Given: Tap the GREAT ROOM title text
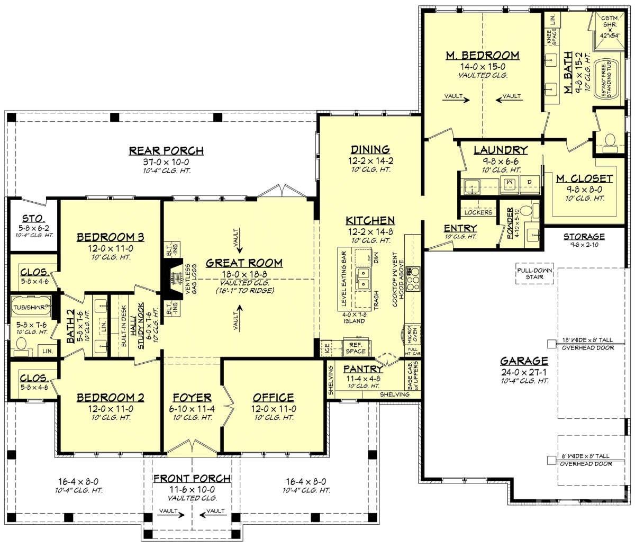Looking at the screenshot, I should (244, 263).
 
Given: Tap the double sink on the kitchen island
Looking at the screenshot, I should (364, 279).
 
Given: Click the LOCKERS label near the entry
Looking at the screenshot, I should (478, 212).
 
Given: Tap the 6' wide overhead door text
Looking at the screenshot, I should (586, 459).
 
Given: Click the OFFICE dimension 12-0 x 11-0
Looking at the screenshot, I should (273, 408).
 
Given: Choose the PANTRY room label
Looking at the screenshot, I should (363, 369).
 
